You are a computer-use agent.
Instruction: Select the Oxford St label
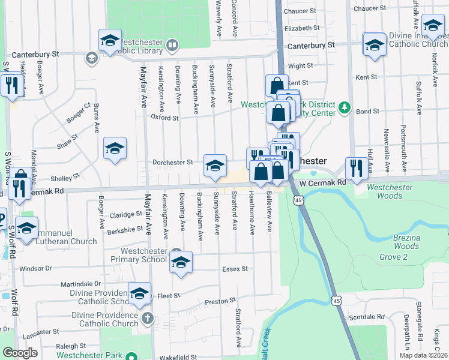(x=164, y=118)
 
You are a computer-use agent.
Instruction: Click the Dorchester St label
(x=172, y=162)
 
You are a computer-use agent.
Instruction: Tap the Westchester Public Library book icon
(x=172, y=44)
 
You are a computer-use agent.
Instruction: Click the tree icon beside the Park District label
(x=345, y=107)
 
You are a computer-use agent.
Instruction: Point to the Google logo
(x=20, y=353)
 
